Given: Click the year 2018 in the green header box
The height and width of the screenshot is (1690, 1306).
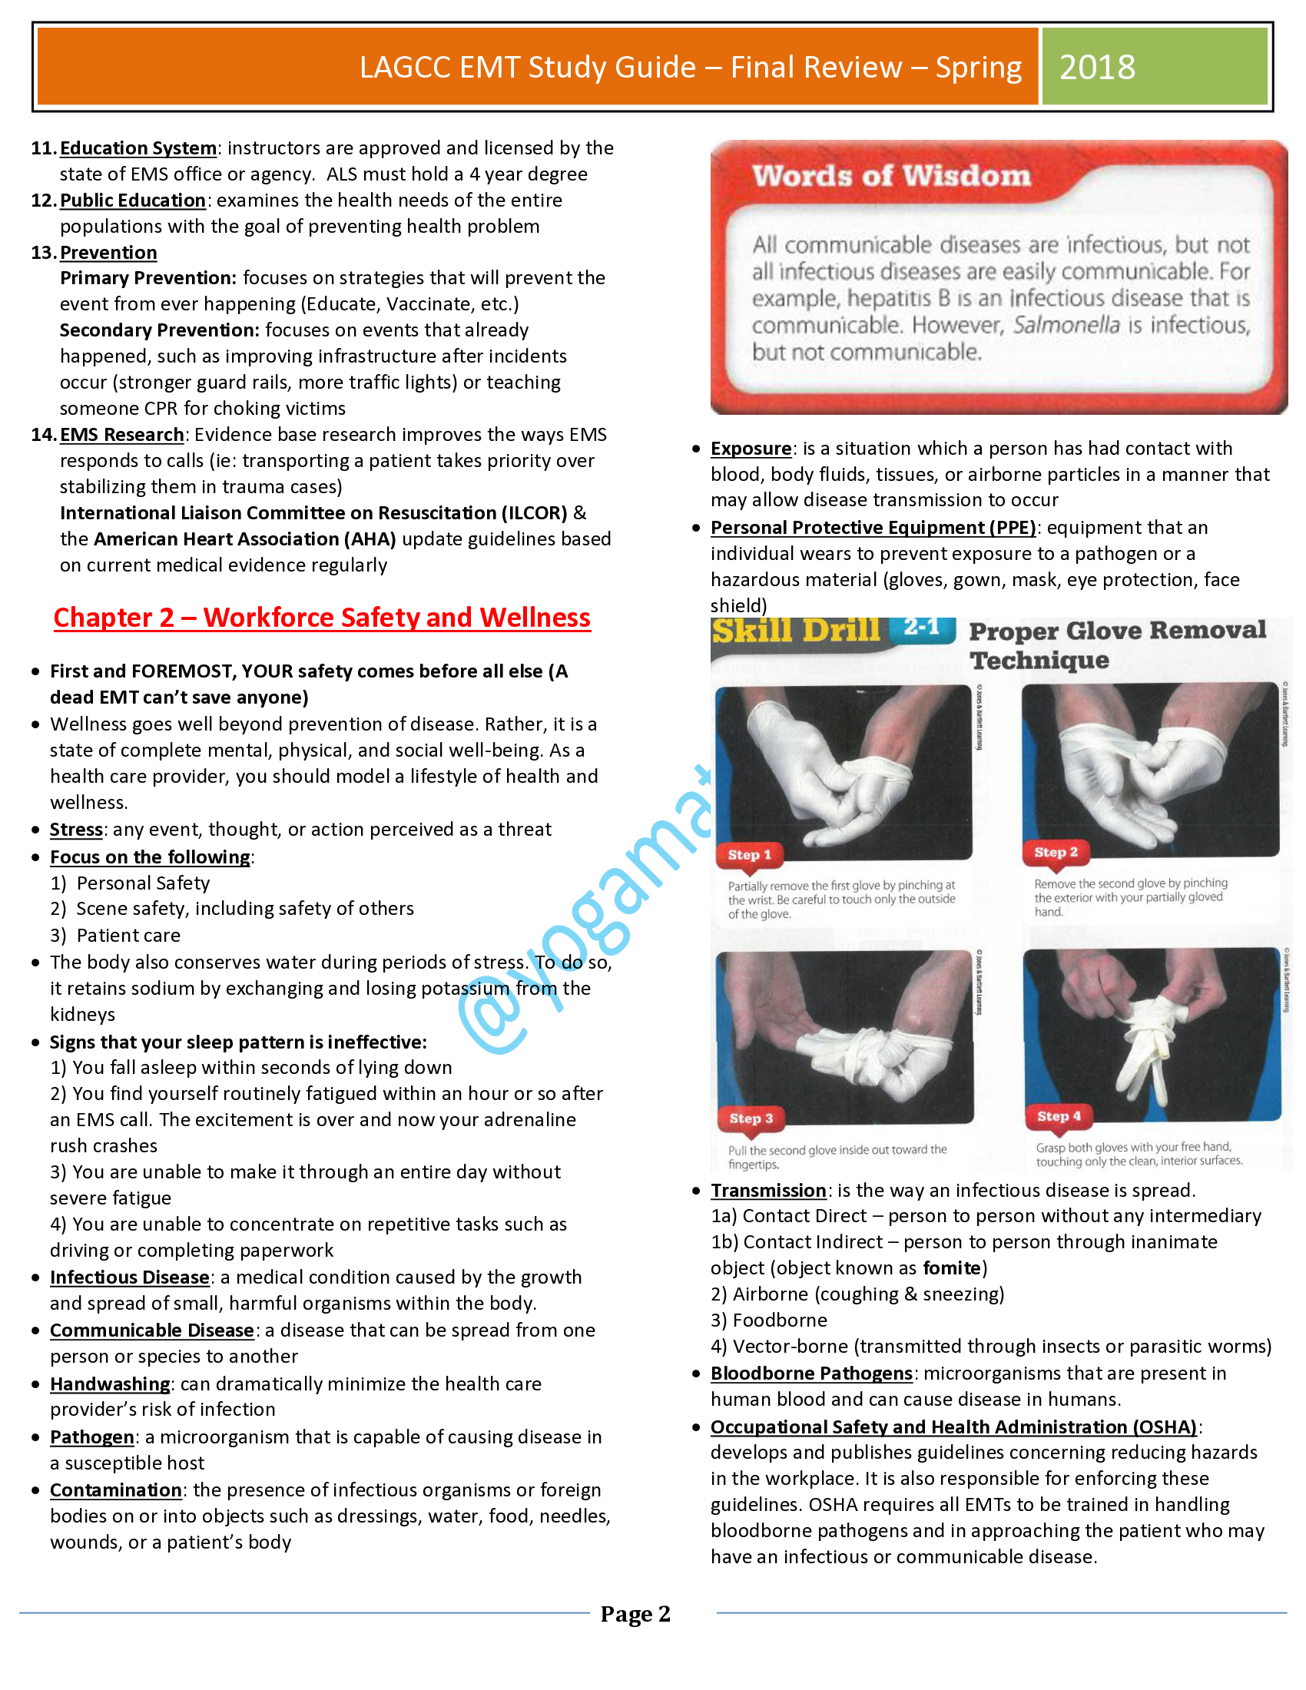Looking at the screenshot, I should click(x=1096, y=68).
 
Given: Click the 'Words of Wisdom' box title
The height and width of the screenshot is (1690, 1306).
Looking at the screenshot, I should click(x=891, y=176).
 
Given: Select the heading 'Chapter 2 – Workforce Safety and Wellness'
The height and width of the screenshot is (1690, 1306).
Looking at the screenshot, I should click(x=322, y=618).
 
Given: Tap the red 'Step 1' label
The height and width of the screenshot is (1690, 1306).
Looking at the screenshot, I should click(x=749, y=854).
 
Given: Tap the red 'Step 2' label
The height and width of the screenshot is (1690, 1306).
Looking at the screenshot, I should click(x=1056, y=852).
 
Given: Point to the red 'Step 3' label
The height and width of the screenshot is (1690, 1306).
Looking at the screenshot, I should click(x=751, y=1118).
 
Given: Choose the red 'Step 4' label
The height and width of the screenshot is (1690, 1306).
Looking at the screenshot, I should click(x=1059, y=1116).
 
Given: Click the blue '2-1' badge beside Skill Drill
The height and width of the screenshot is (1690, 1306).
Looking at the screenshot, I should click(x=921, y=627).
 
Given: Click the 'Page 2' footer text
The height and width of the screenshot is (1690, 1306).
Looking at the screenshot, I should click(x=635, y=1613).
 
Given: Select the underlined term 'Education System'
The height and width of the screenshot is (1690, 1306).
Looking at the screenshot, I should click(x=138, y=147).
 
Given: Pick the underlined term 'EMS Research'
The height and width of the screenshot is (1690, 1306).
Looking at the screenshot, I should click(x=121, y=435).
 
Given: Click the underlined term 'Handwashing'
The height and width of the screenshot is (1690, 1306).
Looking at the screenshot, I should click(x=110, y=1383).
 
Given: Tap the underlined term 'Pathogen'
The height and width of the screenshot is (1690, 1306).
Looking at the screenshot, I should click(x=92, y=1437).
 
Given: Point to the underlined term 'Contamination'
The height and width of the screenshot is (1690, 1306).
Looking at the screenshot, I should click(x=116, y=1490).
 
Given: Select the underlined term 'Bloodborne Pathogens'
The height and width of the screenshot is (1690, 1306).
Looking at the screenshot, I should click(x=811, y=1374).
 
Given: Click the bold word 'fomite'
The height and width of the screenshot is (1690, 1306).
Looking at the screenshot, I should click(x=951, y=1268).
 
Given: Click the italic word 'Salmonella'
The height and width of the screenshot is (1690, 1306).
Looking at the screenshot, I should click(x=1066, y=325).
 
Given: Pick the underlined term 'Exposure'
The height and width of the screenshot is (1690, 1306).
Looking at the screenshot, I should click(x=751, y=449).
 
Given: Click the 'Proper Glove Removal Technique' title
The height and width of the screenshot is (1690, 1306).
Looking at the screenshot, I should click(x=1116, y=645).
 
